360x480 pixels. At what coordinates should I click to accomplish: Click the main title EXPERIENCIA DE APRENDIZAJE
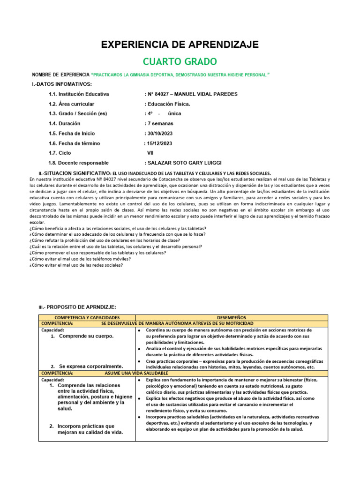coord(180,45)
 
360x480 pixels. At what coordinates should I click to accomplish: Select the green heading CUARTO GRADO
coord(180,61)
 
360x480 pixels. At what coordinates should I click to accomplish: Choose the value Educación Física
coord(169,104)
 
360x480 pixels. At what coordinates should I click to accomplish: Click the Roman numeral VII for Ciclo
coord(150,153)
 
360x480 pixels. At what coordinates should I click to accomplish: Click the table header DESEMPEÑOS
coord(232,317)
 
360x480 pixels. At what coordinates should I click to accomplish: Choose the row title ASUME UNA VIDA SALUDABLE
coord(135,373)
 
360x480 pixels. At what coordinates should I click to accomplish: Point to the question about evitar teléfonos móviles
coord(80,259)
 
